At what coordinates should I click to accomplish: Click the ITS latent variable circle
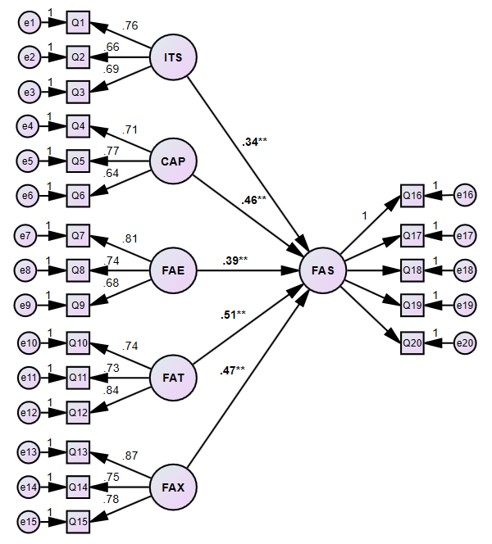(x=174, y=57)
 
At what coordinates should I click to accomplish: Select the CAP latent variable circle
(x=174, y=161)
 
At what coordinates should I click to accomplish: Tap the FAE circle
(x=174, y=269)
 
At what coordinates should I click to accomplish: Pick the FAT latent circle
(x=174, y=378)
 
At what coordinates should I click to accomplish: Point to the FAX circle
(x=174, y=487)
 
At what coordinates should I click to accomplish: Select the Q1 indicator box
(x=78, y=24)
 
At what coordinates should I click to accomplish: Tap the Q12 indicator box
(x=78, y=411)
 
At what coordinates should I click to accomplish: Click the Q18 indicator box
(x=412, y=270)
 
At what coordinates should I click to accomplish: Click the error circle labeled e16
(x=465, y=195)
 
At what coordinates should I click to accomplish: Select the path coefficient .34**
(x=255, y=142)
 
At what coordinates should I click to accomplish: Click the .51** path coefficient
(x=233, y=314)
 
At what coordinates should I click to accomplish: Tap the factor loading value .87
(x=130, y=456)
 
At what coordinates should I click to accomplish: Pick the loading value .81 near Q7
(x=130, y=239)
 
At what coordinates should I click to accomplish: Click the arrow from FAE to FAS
(x=246, y=269)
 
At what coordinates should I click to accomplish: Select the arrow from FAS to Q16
(x=369, y=230)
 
